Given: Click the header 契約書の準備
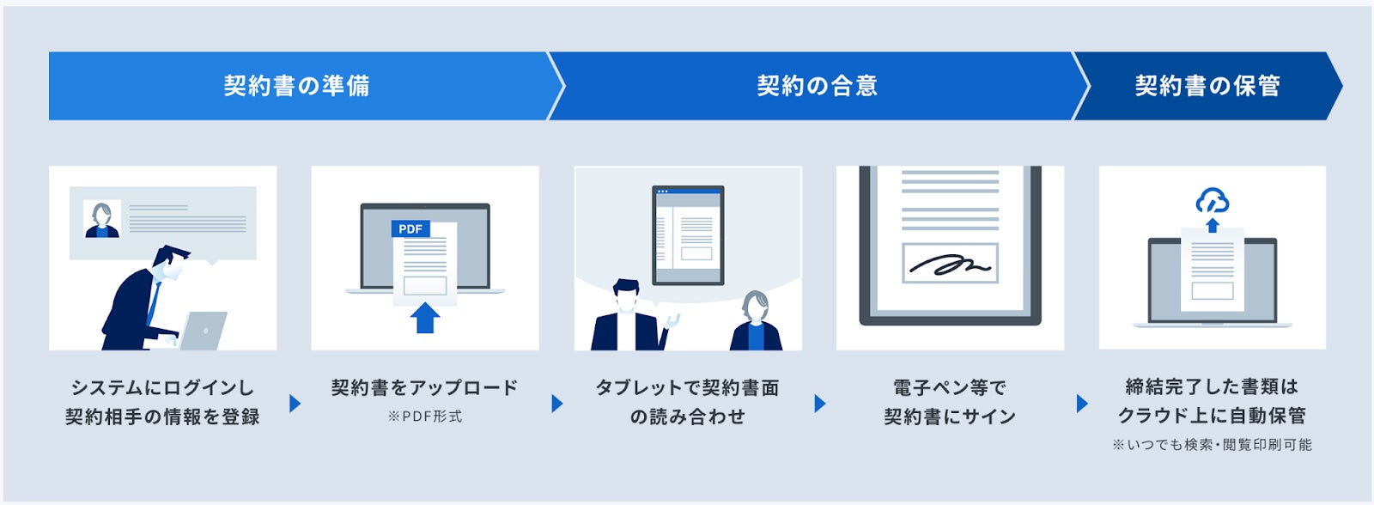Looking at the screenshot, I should click(x=296, y=86).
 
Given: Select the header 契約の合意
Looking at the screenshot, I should click(x=817, y=86).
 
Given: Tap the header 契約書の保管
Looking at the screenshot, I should click(x=1207, y=86).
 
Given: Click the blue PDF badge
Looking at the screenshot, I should click(x=410, y=229).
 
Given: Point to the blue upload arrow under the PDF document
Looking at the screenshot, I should click(x=425, y=317).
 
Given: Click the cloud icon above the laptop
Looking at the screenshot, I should click(x=1212, y=202).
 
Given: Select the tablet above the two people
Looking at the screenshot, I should click(x=688, y=234).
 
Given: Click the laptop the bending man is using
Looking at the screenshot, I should click(x=204, y=331).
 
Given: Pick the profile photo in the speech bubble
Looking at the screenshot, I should click(x=101, y=219).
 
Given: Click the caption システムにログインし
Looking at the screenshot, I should click(x=162, y=388).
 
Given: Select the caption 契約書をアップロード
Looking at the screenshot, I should click(x=425, y=388).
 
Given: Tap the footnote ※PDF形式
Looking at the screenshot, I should click(x=425, y=417).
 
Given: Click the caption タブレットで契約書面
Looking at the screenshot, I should click(x=687, y=388).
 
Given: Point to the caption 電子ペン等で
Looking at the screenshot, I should click(x=950, y=388).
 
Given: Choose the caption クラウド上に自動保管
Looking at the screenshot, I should click(x=1212, y=416).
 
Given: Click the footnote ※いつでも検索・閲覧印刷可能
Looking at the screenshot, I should click(x=1212, y=445).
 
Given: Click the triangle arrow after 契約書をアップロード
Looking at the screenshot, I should click(x=557, y=403).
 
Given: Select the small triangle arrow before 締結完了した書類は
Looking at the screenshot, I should click(x=1081, y=403).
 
